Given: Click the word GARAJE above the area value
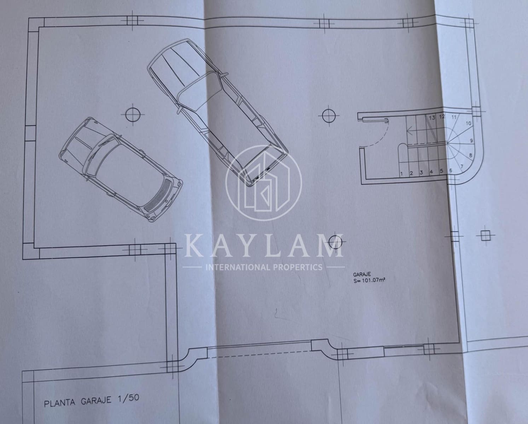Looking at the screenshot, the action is [362, 275].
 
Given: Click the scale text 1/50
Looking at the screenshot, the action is [128, 398].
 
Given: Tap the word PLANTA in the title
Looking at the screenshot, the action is [60, 402].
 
